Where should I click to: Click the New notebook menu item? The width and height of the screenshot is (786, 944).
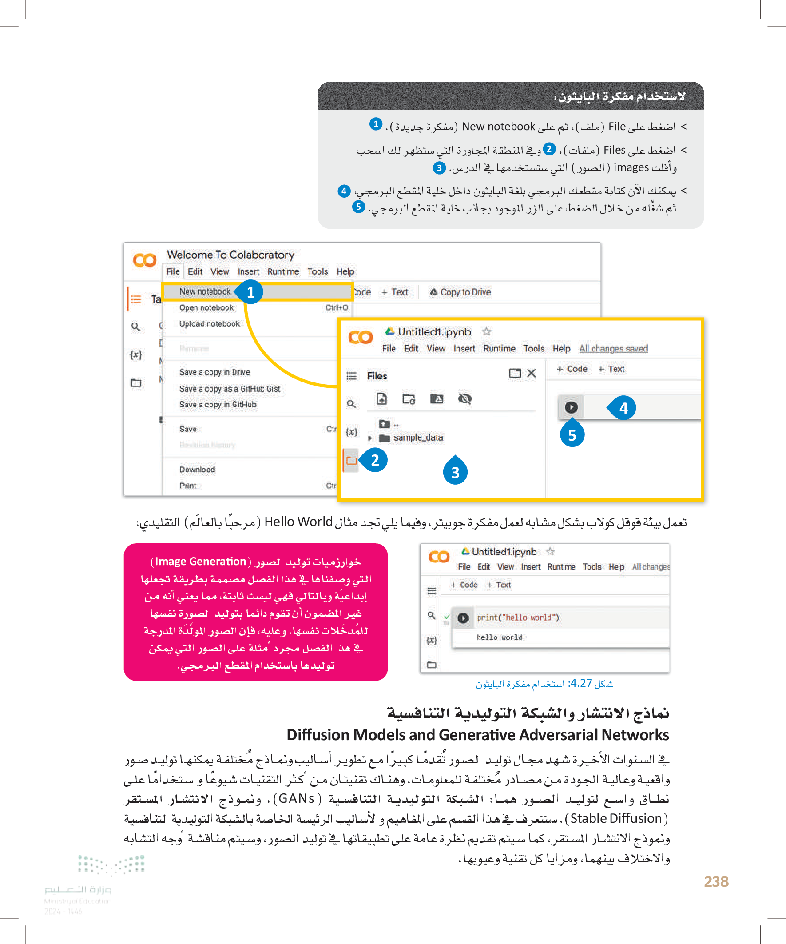tap(205, 292)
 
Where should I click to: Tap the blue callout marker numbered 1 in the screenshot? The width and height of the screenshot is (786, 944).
tap(251, 292)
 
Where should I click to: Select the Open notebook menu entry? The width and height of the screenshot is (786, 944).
tap(206, 308)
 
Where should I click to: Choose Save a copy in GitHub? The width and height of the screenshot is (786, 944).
tap(218, 405)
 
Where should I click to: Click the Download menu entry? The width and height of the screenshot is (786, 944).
tap(197, 469)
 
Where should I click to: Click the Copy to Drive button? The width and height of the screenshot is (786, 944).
tap(460, 292)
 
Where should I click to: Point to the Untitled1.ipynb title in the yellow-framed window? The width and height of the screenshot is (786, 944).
tap(434, 332)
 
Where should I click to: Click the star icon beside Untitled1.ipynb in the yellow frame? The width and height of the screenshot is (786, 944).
tap(486, 332)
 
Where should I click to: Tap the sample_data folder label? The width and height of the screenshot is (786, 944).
tap(418, 438)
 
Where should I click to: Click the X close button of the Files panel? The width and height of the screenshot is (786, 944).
tap(531, 373)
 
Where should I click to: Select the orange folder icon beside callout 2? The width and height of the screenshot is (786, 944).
tap(351, 460)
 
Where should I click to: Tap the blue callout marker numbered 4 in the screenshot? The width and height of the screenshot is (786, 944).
tap(623, 408)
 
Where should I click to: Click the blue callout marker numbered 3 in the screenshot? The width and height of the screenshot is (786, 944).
tap(455, 472)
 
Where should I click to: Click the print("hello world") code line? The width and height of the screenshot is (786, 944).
tap(518, 617)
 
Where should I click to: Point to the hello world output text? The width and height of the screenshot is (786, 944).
tap(499, 637)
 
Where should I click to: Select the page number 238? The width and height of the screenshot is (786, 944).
tap(716, 881)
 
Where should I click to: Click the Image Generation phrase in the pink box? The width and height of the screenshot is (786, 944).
tap(200, 562)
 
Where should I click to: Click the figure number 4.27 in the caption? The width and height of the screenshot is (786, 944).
tap(581, 683)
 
